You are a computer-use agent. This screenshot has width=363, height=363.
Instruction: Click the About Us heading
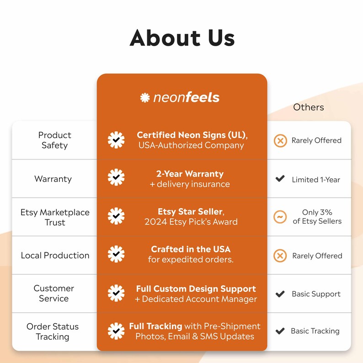[x=182, y=38]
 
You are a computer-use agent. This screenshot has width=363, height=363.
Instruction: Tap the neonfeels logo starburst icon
[x=145, y=97]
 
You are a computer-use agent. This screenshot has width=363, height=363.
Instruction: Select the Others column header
[x=308, y=107]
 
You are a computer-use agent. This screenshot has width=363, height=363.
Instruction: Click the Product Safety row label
[x=55, y=140]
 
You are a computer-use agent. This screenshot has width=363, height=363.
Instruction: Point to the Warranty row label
[x=53, y=179]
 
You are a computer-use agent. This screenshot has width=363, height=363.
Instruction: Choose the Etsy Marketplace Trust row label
[x=55, y=217]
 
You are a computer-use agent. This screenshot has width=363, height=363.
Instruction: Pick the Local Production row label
[x=55, y=256]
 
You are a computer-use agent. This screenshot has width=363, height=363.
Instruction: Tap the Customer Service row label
[x=53, y=294]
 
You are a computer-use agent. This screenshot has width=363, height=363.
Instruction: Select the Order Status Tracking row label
[x=53, y=331]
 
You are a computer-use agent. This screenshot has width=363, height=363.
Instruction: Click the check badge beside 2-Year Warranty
[x=116, y=177]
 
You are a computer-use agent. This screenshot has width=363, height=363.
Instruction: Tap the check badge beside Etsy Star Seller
[x=116, y=216]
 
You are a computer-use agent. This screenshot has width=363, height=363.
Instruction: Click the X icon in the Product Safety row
[x=280, y=140]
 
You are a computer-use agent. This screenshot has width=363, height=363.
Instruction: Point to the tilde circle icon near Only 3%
[x=280, y=217]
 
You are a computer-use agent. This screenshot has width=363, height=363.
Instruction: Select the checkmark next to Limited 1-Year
[x=280, y=178]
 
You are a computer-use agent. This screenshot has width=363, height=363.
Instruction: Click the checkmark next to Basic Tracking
[x=280, y=331]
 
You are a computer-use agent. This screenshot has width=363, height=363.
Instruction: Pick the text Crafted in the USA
[x=191, y=249]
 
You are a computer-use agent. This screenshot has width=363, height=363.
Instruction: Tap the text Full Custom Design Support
[x=196, y=288]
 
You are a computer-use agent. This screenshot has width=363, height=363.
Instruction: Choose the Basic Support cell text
[x=316, y=294]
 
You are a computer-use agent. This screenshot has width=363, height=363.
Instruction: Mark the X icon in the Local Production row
[x=280, y=256]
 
